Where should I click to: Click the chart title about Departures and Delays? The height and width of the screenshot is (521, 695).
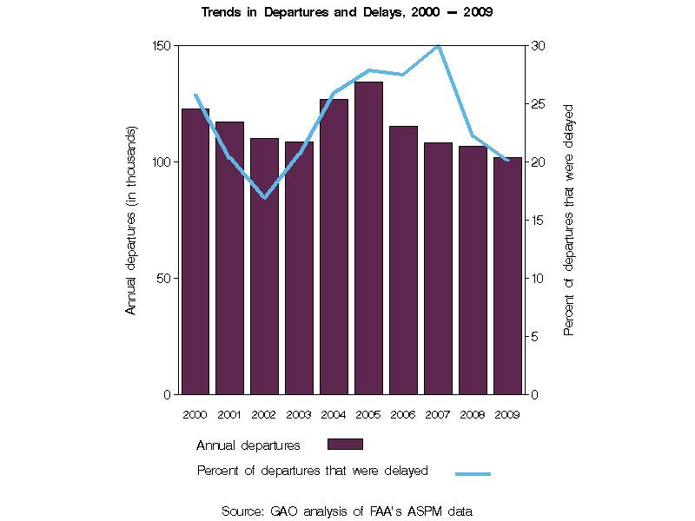[x=347, y=13]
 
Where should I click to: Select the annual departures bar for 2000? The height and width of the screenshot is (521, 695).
[x=195, y=252]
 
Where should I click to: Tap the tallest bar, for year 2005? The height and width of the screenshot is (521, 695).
[x=368, y=239]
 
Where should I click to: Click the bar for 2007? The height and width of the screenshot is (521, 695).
[x=438, y=268]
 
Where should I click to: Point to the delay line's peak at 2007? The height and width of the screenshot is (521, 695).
[x=438, y=46]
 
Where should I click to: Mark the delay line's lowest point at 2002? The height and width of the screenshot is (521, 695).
[x=264, y=198]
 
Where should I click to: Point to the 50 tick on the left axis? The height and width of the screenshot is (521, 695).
[x=166, y=278]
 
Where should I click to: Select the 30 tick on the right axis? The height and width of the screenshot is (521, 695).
[x=538, y=45]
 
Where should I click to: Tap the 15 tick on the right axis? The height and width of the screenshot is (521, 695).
[x=538, y=220]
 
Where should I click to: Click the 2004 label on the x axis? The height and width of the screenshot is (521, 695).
[x=334, y=414]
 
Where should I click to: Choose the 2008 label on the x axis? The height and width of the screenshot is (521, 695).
[x=473, y=414]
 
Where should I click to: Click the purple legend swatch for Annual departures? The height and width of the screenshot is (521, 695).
[x=345, y=444]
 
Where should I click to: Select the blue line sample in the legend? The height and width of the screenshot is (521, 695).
[x=473, y=473]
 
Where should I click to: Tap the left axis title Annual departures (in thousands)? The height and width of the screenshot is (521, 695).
[x=131, y=220]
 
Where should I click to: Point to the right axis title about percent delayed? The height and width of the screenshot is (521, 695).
[x=569, y=220]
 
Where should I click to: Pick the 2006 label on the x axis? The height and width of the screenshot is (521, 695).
[x=403, y=414]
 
